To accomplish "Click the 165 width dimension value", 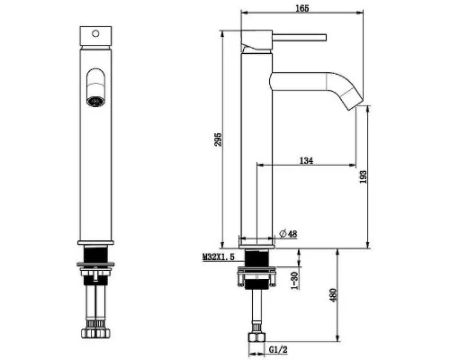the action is [x=301, y=8].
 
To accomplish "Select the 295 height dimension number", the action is [x=218, y=139].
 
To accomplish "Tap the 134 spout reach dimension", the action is [x=306, y=160].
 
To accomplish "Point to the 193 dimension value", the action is [x=364, y=176].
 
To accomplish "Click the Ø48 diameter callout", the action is [x=288, y=233].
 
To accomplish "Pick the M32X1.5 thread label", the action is [x=219, y=257].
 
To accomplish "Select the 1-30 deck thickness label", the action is [x=295, y=281].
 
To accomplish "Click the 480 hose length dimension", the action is [x=333, y=295].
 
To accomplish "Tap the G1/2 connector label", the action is [x=278, y=350].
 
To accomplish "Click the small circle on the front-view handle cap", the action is [x=95, y=33].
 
